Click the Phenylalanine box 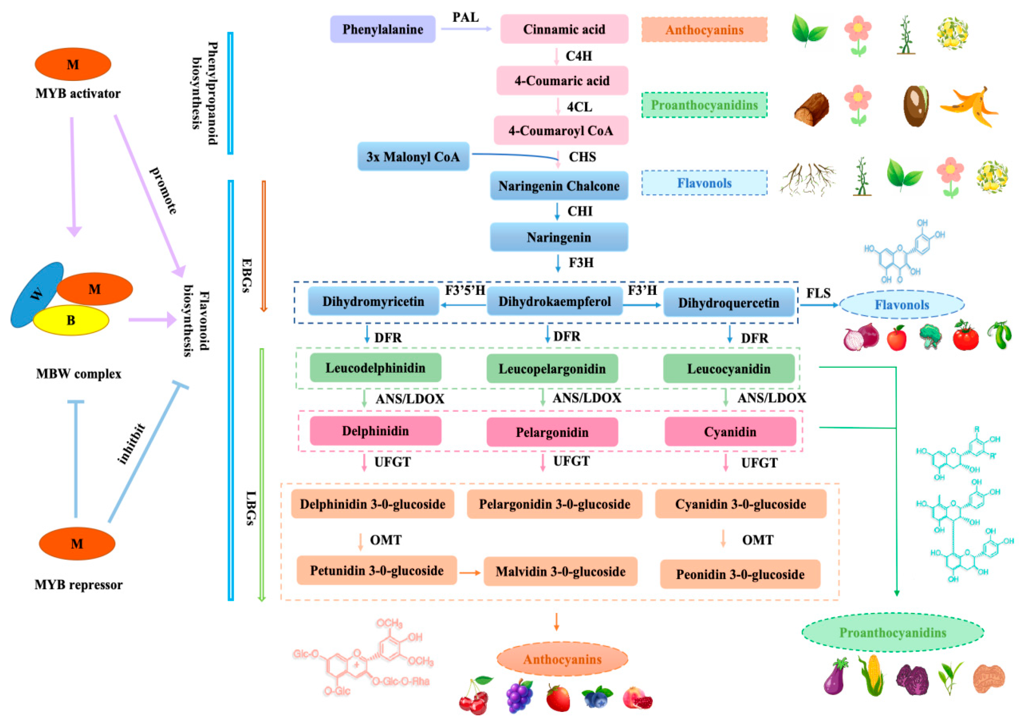(x=382, y=29)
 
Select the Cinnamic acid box (x=564, y=29)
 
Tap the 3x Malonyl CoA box (x=413, y=157)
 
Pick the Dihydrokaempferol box (x=554, y=302)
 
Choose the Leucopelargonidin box (x=552, y=369)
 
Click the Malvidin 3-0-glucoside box (x=560, y=571)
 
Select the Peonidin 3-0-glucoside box (x=740, y=575)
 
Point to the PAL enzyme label (x=465, y=17)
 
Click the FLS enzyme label (x=818, y=293)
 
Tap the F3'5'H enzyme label (x=465, y=291)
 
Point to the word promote (x=163, y=191)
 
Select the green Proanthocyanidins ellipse (x=893, y=633)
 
